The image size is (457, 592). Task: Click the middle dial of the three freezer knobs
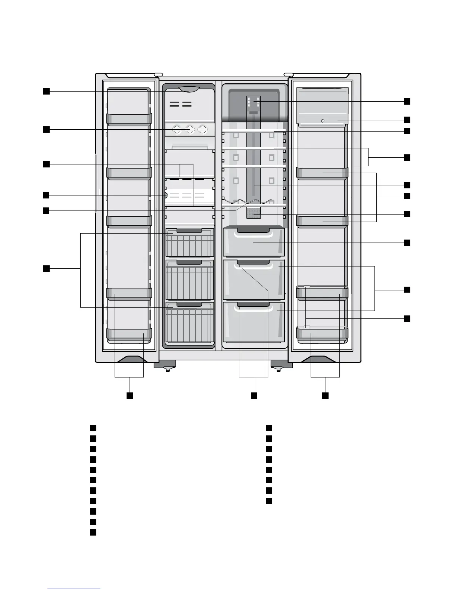(x=190, y=130)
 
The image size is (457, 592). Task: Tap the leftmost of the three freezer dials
(x=177, y=130)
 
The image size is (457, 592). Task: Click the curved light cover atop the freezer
(x=189, y=89)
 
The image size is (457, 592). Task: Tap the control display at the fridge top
(x=254, y=102)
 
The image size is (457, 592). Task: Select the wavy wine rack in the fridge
(x=254, y=203)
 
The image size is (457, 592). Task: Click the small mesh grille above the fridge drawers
(x=254, y=214)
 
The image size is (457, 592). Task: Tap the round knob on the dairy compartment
(x=322, y=121)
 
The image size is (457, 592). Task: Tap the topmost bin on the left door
(x=129, y=119)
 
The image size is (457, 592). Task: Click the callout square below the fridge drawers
(x=254, y=395)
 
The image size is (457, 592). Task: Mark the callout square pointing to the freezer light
(x=46, y=92)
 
